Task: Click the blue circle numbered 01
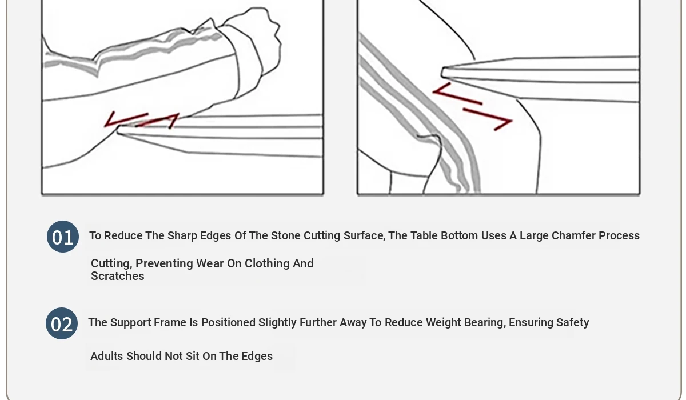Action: pyautogui.click(x=63, y=237)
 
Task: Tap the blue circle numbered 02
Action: pyautogui.click(x=62, y=323)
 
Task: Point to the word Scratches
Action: pyautogui.click(x=118, y=276)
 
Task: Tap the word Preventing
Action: pyautogui.click(x=164, y=263)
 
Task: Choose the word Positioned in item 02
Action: pyautogui.click(x=228, y=322)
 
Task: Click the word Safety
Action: pyautogui.click(x=572, y=322)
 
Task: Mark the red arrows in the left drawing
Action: pyautogui.click(x=142, y=119)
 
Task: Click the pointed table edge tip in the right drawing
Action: pyautogui.click(x=442, y=73)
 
